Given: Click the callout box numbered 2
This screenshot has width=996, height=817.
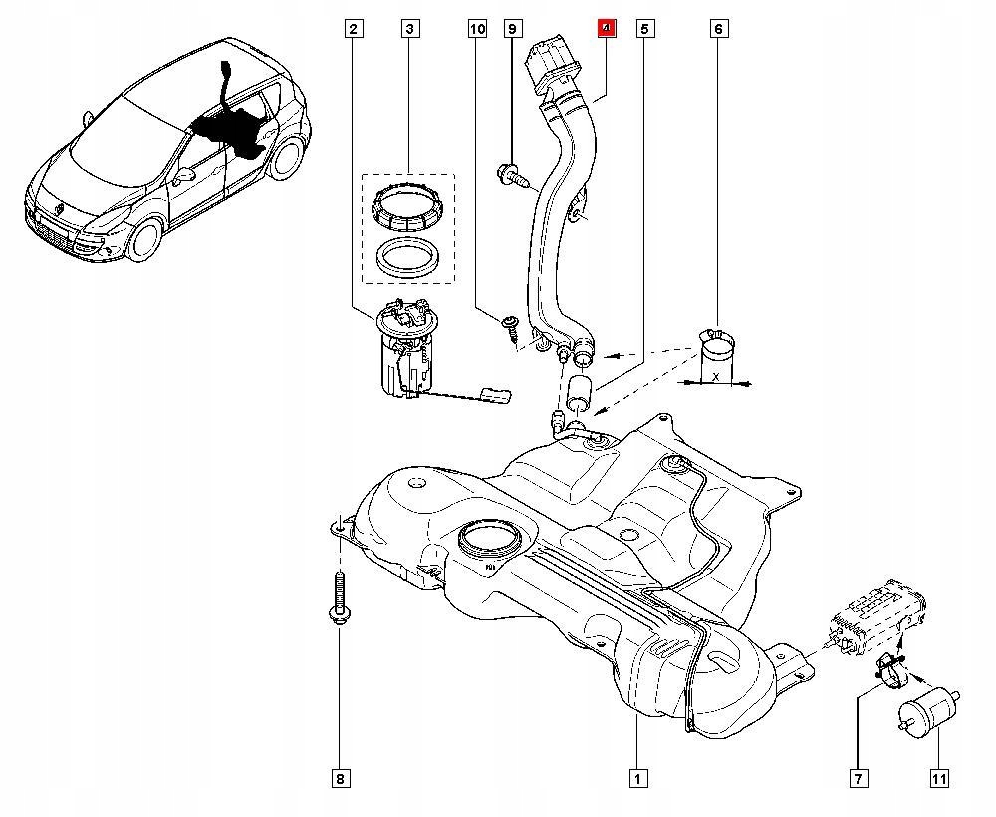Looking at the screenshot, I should pyautogui.click(x=353, y=29).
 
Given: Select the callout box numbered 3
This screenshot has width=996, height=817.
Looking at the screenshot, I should pyautogui.click(x=409, y=29).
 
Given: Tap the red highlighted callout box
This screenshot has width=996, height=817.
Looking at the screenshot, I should pyautogui.click(x=605, y=28).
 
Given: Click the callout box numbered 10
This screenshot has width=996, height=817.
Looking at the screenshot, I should pyautogui.click(x=477, y=29).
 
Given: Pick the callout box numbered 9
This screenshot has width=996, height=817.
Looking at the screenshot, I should pyautogui.click(x=512, y=29).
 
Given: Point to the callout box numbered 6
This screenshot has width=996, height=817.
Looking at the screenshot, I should pyautogui.click(x=718, y=29).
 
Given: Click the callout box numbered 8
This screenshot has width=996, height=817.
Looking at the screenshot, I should pyautogui.click(x=339, y=778).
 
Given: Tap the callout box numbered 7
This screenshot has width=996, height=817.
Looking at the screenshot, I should pyautogui.click(x=858, y=778).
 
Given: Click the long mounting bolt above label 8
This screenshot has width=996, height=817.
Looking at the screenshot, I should pyautogui.click(x=339, y=598).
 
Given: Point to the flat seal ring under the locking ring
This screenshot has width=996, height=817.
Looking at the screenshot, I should pyautogui.click(x=407, y=257).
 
